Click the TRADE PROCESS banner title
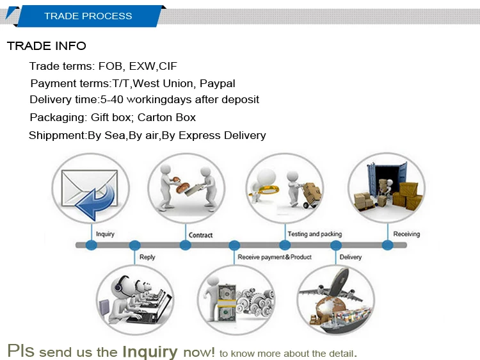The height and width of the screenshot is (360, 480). pos(88,16)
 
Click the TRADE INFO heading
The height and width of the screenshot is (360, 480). pos(46,46)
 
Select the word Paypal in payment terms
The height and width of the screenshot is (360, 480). pos(218,83)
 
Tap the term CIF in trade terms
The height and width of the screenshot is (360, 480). pos(168,66)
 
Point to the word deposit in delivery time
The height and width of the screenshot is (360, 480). pos(241,99)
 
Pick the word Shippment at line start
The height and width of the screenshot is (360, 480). pos(57,135)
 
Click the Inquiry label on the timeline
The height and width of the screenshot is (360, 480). pos(105,234)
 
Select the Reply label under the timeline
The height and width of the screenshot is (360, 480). pos(147,258)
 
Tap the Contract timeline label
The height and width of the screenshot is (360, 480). pos(200,235)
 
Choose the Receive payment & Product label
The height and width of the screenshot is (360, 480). pos(275,257)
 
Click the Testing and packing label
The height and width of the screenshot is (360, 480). pos(315,234)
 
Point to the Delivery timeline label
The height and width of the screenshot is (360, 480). pos(351,257)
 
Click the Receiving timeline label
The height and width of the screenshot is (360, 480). pos(406,234)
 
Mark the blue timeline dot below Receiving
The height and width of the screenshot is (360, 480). pos(387,245)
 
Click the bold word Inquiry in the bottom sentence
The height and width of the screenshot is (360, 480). pos(150,352)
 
